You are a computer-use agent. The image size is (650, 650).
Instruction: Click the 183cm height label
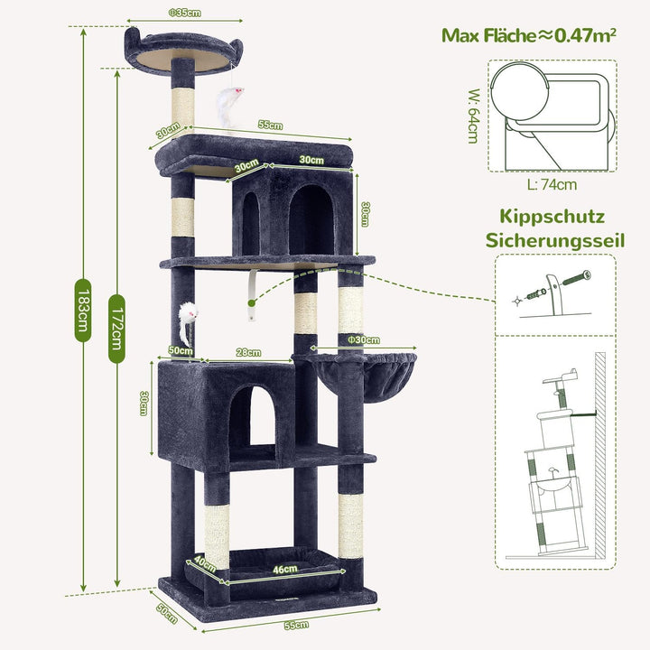coord(83,311)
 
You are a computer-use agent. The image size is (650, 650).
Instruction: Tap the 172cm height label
coord(116,329)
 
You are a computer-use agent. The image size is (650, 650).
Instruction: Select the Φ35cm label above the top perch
coord(185,13)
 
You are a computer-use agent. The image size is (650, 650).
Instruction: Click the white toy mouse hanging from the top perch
coord(228,106)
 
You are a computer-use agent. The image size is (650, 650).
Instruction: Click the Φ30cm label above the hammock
coord(364,340)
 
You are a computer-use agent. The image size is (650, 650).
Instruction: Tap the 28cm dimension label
coord(248,352)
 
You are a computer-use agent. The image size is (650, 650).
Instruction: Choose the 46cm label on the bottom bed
coord(284,569)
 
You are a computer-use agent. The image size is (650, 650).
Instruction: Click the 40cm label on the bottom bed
coord(205,563)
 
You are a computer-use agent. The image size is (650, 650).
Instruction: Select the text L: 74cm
coord(552,184)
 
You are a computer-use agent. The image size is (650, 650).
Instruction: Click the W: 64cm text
coord(474,116)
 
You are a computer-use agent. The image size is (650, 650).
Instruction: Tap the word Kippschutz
coord(552,218)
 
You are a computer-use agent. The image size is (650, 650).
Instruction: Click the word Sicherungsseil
coord(555,241)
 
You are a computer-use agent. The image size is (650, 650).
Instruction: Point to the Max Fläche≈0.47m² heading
coord(528,35)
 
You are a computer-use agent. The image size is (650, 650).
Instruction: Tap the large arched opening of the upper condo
coord(311,218)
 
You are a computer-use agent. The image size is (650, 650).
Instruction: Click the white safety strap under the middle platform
coord(252,294)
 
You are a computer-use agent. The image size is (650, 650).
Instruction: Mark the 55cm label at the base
coord(296,625)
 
